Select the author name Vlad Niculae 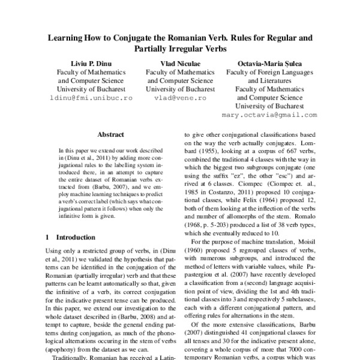(x=180, y=62)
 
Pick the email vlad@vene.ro (x=180, y=97)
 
